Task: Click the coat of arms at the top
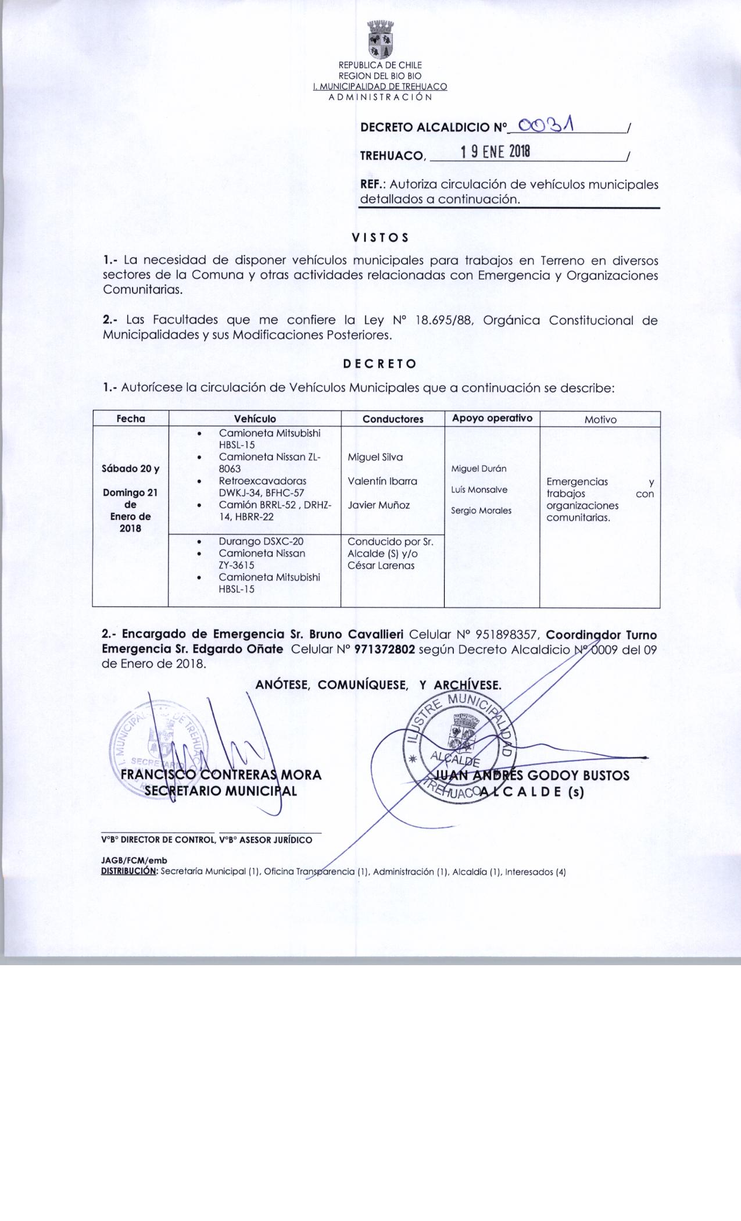click(380, 40)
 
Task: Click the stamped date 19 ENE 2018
click(495, 152)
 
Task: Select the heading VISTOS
click(380, 238)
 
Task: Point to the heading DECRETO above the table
click(380, 364)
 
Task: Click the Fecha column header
click(131, 419)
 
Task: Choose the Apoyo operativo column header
click(492, 418)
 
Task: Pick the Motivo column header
click(600, 419)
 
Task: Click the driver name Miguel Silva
click(375, 457)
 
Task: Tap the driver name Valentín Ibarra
click(382, 481)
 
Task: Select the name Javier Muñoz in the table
click(378, 505)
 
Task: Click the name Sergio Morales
click(481, 510)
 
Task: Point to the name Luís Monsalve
click(479, 490)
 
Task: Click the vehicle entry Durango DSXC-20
click(261, 541)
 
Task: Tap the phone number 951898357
click(509, 634)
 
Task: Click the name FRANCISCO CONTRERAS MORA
click(220, 774)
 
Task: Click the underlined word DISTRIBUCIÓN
click(129, 872)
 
